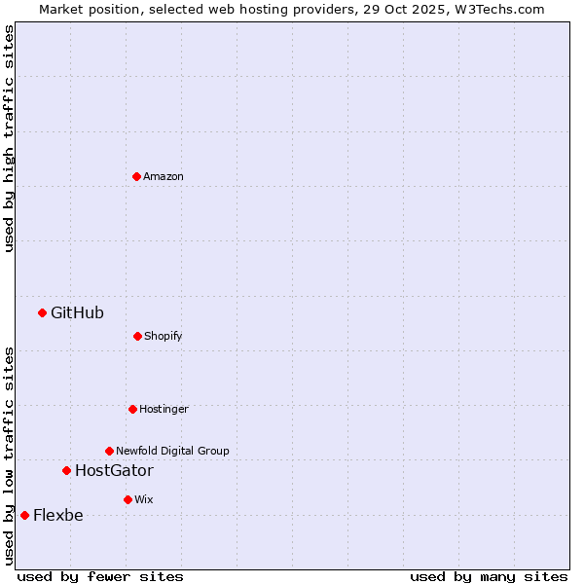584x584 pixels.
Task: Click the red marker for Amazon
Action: click(136, 176)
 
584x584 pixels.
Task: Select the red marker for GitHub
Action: click(42, 312)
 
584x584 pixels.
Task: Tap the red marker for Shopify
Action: click(137, 336)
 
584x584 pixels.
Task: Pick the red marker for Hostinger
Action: click(132, 409)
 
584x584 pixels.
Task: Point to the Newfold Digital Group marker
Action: click(109, 451)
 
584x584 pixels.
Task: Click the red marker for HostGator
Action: click(66, 470)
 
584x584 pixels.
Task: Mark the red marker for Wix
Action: click(128, 499)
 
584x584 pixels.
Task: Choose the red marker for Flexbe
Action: click(24, 515)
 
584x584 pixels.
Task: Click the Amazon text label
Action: click(164, 176)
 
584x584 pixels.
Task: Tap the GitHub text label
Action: click(77, 312)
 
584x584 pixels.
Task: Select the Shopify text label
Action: click(164, 336)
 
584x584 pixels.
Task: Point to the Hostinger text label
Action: click(164, 409)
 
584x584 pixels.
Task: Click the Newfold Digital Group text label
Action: click(172, 451)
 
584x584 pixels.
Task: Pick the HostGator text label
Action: click(114, 470)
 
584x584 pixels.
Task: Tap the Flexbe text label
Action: click(58, 515)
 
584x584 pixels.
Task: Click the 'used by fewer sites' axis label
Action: click(100, 576)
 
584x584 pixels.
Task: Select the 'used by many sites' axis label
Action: click(489, 576)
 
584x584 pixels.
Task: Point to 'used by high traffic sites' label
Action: click(9, 138)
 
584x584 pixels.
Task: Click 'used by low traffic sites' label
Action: click(9, 455)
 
